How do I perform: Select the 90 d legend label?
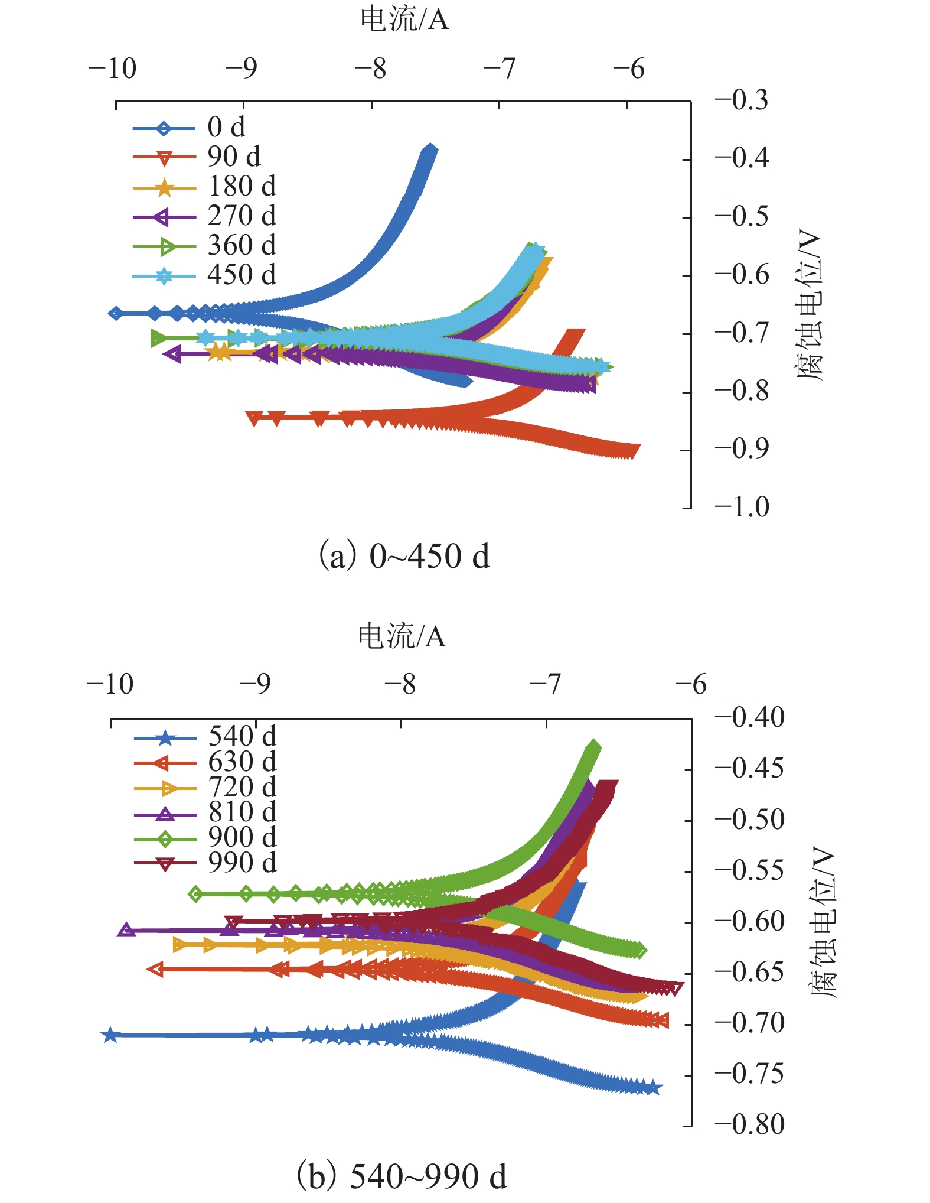(234, 157)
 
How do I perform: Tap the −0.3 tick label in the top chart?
(742, 100)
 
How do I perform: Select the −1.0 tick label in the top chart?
(742, 507)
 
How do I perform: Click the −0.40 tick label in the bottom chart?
(749, 717)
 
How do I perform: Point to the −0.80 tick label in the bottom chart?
(749, 1124)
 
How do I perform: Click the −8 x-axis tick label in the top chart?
(371, 69)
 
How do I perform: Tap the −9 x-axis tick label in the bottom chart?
(255, 684)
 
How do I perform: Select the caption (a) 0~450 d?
(404, 556)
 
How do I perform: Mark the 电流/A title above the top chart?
(404, 19)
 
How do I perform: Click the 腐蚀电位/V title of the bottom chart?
(823, 922)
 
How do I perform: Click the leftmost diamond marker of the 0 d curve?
(116, 313)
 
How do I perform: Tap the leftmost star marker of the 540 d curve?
(110, 1035)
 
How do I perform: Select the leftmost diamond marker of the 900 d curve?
(196, 893)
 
